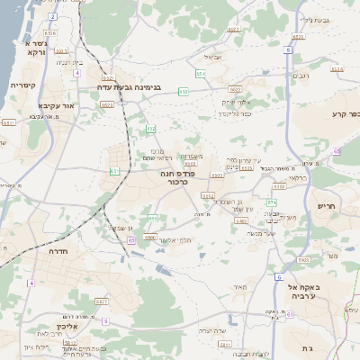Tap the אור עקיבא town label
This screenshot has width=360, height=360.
[41, 103]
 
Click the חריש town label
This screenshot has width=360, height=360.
[326, 206]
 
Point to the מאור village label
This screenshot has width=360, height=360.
[239, 287]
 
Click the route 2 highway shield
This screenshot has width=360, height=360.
[52, 16]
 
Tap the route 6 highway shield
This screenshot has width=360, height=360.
[279, 276]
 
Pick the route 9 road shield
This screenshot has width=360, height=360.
[105, 320]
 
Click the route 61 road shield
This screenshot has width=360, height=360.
[114, 171]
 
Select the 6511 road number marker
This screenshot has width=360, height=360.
[9, 121]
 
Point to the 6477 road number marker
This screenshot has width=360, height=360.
[101, 301]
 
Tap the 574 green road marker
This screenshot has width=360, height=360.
[271, 202]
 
